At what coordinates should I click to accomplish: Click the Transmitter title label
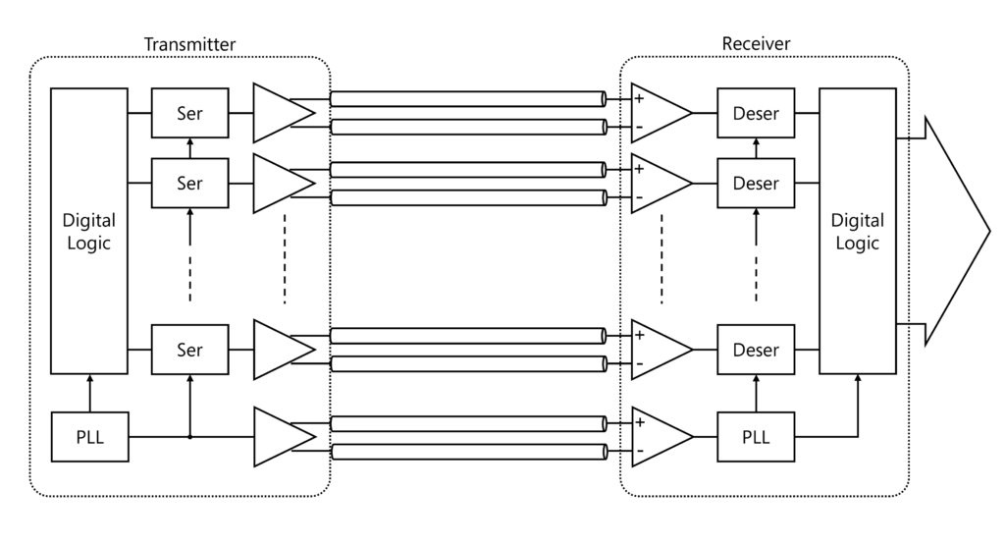[x=189, y=44]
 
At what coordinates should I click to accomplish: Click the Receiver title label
[x=756, y=44]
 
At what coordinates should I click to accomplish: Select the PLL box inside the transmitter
[x=89, y=438]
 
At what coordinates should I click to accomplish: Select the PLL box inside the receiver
[x=756, y=438]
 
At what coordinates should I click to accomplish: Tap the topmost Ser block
[x=189, y=114]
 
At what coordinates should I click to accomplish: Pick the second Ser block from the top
[x=189, y=183]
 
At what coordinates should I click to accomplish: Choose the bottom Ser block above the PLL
[x=189, y=350]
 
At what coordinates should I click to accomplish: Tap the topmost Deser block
[x=756, y=114]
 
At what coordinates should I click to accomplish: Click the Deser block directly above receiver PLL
[x=756, y=350]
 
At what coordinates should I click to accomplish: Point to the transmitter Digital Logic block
[x=89, y=231]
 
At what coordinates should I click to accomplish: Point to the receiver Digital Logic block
[x=857, y=231]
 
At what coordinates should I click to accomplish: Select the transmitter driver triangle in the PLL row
[x=279, y=437]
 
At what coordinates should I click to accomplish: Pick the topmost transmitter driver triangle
[x=279, y=113]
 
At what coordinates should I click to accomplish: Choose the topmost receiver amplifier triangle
[x=658, y=113]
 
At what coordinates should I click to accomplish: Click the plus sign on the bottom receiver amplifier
[x=640, y=422]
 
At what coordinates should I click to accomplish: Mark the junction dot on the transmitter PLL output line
[x=189, y=437]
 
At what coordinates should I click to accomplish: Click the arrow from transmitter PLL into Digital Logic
[x=89, y=393]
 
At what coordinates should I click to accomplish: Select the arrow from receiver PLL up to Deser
[x=756, y=393]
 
